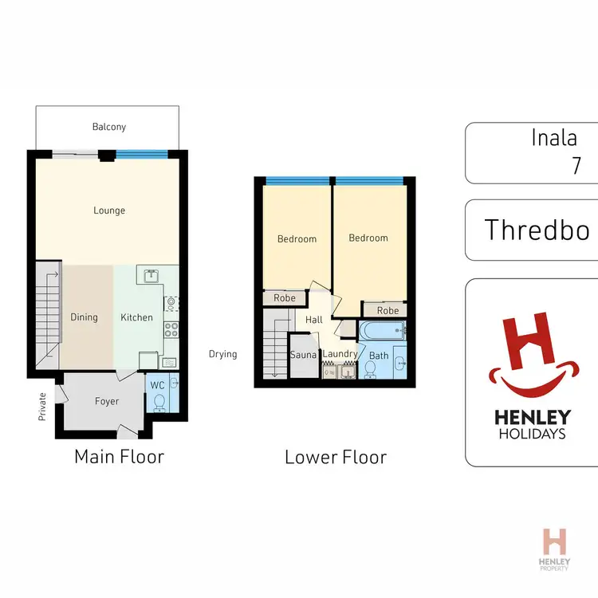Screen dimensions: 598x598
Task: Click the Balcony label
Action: click(108, 127)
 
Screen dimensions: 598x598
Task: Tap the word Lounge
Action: click(109, 210)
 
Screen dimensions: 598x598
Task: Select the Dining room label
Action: click(84, 317)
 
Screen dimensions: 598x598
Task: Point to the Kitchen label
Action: click(136, 317)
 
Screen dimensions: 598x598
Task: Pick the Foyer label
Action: click(107, 401)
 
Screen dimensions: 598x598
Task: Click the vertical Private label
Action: click(42, 406)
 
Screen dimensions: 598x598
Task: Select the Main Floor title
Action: click(119, 457)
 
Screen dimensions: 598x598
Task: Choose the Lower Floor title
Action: click(335, 457)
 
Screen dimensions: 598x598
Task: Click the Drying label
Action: click(223, 354)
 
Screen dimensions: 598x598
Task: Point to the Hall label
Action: click(314, 320)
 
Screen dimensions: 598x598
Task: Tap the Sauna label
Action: click(304, 354)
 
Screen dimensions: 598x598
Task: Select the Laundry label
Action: click(340, 354)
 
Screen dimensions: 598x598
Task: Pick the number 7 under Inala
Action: click(576, 166)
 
